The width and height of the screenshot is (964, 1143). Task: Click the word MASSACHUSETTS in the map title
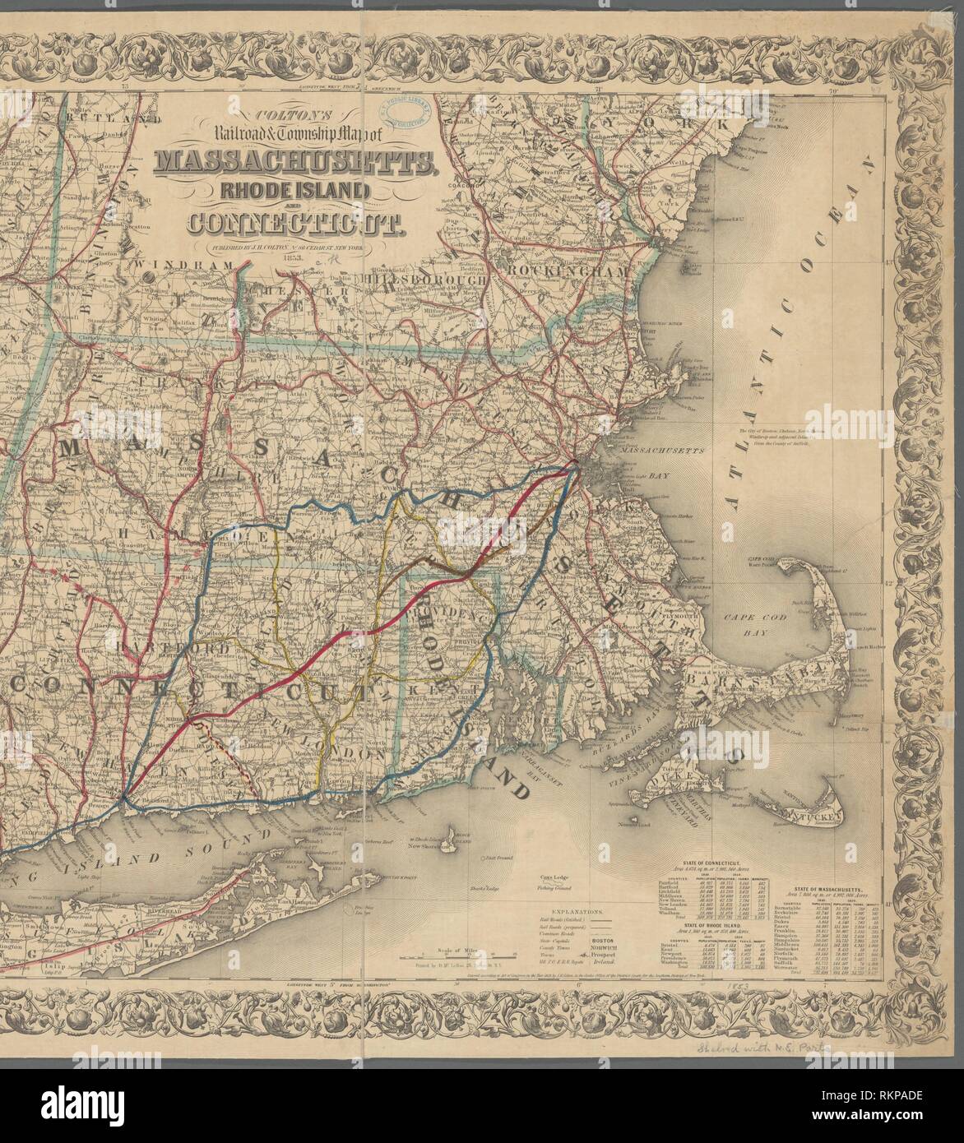293,162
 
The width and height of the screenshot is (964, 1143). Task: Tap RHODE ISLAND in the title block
293,191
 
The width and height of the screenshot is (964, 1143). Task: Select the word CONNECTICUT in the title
293,222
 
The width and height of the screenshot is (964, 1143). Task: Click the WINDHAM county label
188,264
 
